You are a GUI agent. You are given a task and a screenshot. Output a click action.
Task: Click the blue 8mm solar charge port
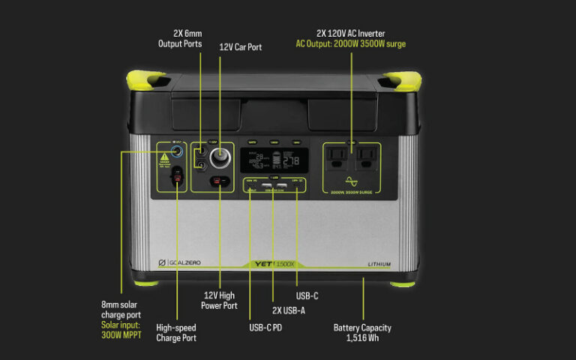pyautogui.click(x=177, y=151)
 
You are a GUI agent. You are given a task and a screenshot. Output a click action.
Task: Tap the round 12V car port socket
pyautogui.click(x=220, y=159)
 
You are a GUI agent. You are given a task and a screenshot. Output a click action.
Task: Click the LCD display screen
pyautogui.click(x=273, y=160)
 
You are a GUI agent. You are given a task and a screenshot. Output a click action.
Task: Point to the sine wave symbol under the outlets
pyautogui.click(x=352, y=181)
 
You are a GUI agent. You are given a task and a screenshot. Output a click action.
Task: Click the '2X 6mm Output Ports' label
pyautogui.click(x=179, y=39)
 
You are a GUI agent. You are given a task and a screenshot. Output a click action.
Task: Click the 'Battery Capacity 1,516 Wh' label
pyautogui.click(x=362, y=333)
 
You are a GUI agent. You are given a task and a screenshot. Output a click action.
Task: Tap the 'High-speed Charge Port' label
pyautogui.click(x=176, y=333)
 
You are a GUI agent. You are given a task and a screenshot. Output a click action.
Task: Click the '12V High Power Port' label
pyautogui.click(x=220, y=300)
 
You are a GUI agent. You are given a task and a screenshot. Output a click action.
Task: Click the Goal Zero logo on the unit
pyautogui.click(x=178, y=262)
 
